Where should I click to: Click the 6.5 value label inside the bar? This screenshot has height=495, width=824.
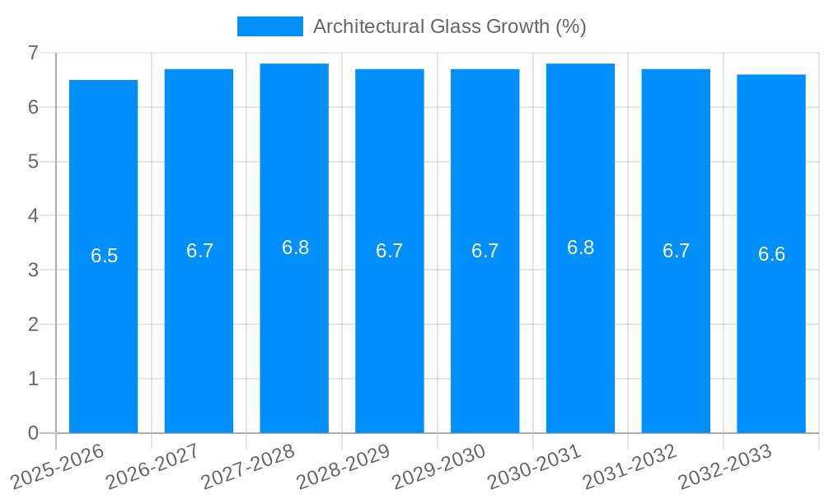(105, 256)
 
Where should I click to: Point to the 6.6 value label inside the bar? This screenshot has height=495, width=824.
(771, 254)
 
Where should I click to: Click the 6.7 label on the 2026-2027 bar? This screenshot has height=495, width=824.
(199, 252)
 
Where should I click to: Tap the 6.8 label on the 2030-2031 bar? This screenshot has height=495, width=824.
(580, 247)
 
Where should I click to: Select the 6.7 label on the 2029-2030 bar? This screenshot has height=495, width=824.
(485, 252)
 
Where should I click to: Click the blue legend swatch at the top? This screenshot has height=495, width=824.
(269, 26)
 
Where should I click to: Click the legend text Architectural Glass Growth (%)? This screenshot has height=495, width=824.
(449, 26)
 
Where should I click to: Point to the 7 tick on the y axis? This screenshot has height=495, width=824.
(33, 53)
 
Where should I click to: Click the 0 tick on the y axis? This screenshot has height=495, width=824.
(33, 433)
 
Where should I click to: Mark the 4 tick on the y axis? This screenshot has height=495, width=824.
(33, 215)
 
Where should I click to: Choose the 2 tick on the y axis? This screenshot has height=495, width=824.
(33, 324)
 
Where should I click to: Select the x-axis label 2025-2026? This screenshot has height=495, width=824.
(57, 467)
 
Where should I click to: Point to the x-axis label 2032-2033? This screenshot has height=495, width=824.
(724, 467)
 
